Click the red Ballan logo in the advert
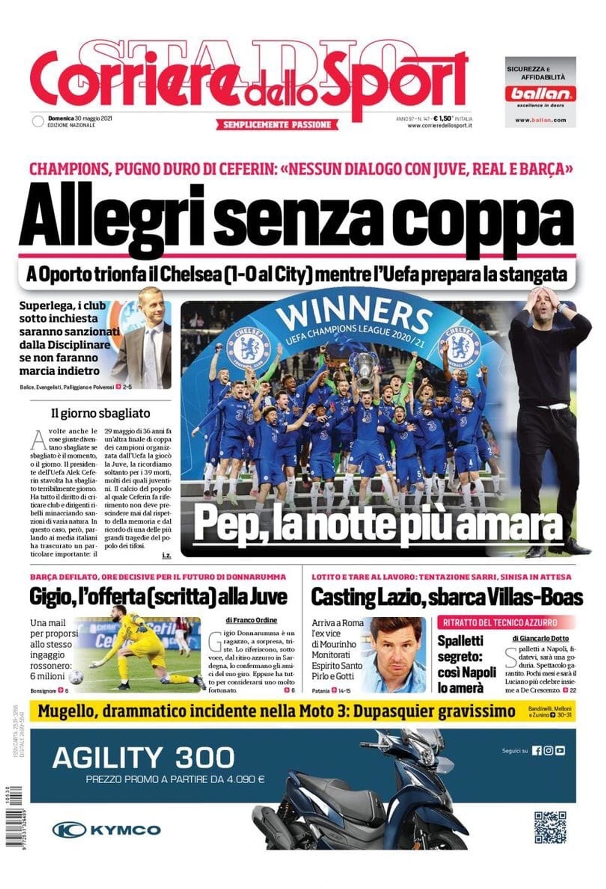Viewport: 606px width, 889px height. click(540, 94)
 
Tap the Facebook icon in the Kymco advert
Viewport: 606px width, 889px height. click(537, 750)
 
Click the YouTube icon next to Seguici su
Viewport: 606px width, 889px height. click(560, 750)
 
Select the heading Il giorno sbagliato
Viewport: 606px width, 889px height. click(100, 413)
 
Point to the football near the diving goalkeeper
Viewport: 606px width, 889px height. click(76, 677)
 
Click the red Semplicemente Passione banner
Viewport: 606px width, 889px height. click(277, 124)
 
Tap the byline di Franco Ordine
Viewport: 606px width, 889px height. click(251, 620)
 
